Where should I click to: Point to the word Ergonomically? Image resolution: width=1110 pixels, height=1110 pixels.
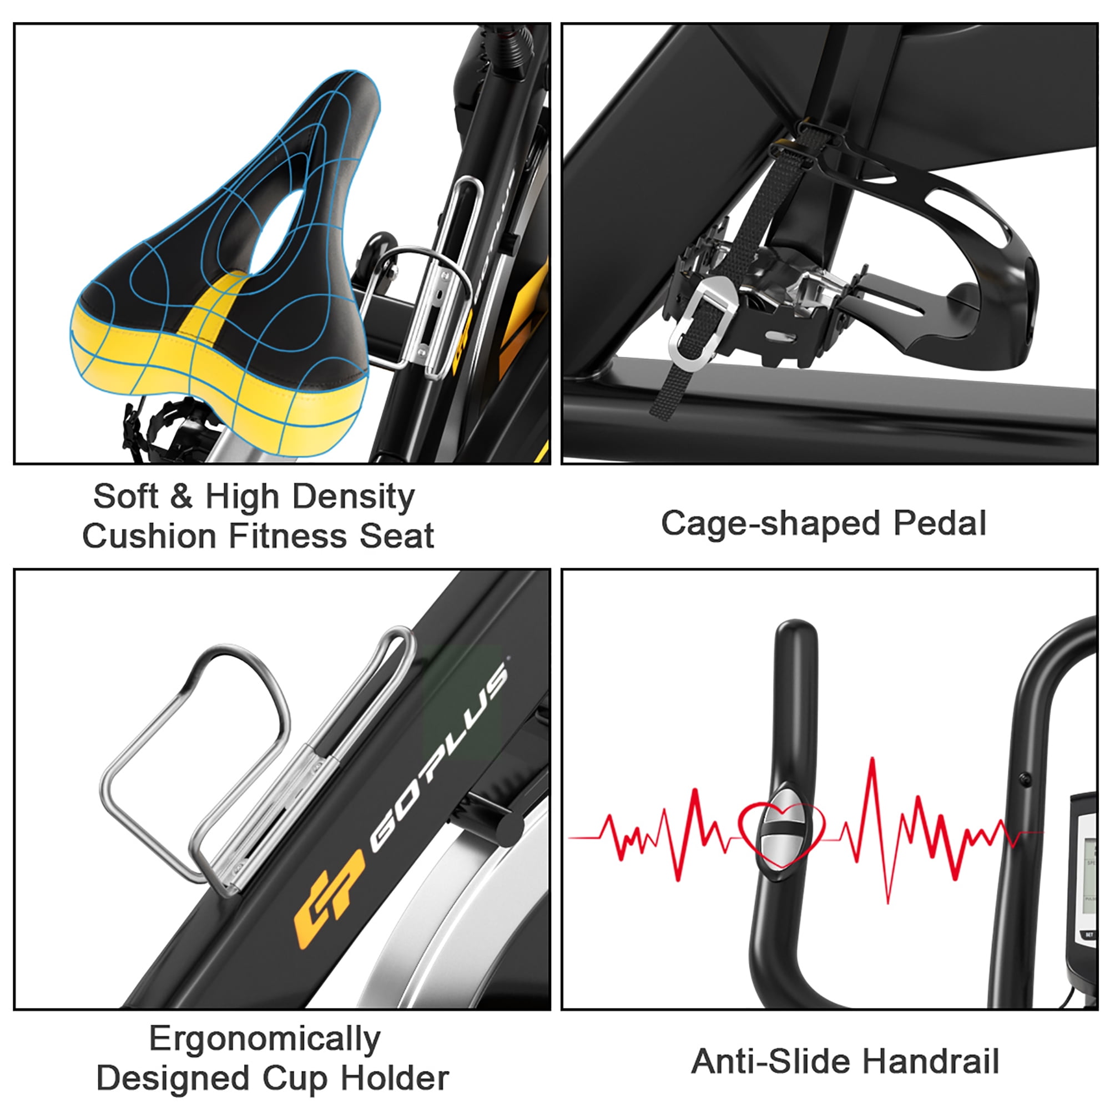click(x=265, y=1040)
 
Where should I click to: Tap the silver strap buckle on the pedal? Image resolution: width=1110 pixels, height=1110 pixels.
click(x=703, y=320)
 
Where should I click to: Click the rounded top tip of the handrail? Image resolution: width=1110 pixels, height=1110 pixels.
click(x=796, y=624)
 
